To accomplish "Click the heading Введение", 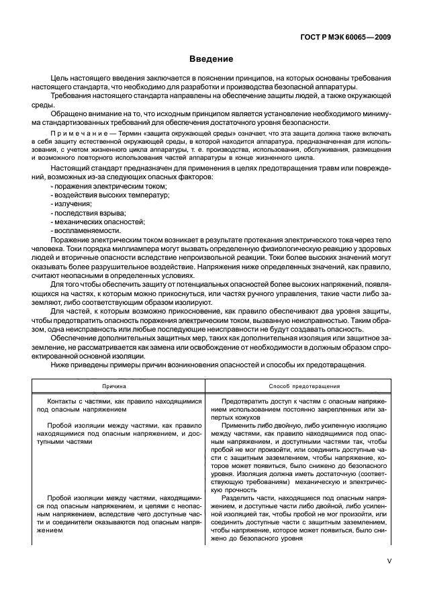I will [211, 59].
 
